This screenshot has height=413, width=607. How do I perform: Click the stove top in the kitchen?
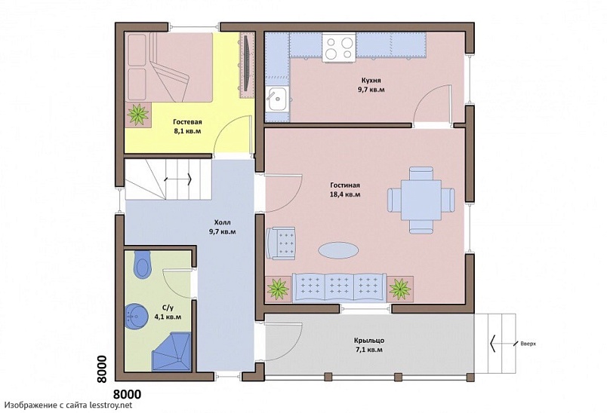pos(340,47)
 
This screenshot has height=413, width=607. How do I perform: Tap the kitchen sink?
pos(277,99)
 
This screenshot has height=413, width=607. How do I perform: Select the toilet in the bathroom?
pos(142,265)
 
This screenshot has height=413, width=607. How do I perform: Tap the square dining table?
pos(421,200)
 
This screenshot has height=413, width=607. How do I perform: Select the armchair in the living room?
pos(281,243)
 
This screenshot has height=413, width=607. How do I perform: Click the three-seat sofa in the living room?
pos(339,287)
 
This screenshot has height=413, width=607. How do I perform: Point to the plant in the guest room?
pos(138,114)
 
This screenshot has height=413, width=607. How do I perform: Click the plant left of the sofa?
pos(278,289)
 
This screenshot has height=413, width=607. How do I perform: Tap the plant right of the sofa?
pos(400,289)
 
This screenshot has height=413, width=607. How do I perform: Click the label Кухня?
pos(371,81)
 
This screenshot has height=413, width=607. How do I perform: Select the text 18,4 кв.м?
pos(345,194)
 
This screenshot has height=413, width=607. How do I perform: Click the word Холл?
pos(222,222)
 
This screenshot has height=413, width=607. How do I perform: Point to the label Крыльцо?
pos(369,341)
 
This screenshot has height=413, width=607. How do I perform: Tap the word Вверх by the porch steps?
pos(528,344)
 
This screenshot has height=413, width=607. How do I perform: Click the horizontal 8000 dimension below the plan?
pos(127,394)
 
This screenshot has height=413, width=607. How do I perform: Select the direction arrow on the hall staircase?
pos(178,179)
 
